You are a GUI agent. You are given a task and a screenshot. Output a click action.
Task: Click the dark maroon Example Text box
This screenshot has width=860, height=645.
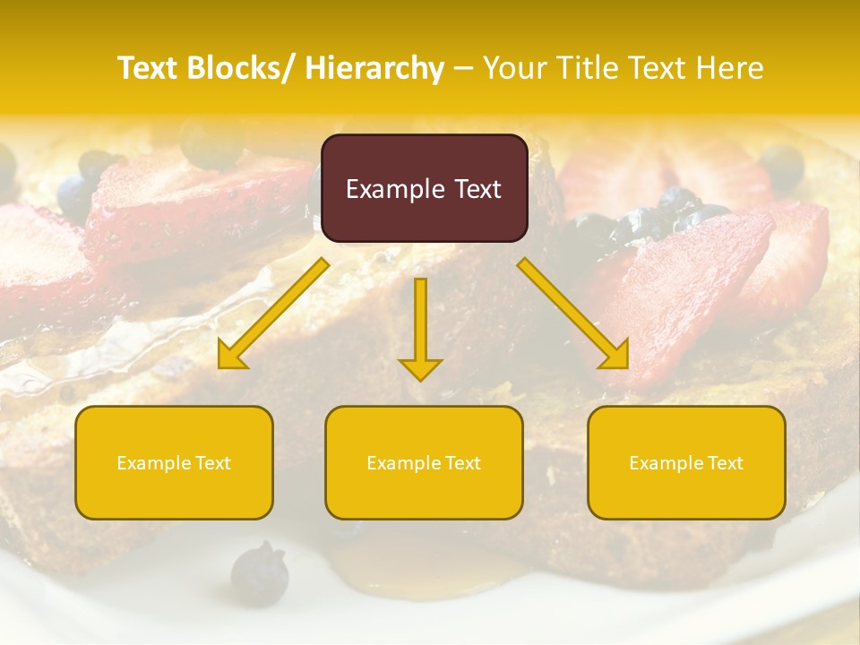[x=424, y=188]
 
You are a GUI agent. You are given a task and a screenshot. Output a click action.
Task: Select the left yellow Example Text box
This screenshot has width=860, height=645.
[x=174, y=462]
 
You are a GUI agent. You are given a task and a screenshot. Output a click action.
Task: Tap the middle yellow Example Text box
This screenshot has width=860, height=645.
[x=424, y=462]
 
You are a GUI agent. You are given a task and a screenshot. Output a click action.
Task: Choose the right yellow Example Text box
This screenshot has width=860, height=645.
[x=686, y=462]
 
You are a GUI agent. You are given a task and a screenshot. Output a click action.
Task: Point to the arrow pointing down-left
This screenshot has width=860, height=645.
[x=273, y=314]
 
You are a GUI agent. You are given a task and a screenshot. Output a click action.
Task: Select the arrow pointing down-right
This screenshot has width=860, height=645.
[x=573, y=314]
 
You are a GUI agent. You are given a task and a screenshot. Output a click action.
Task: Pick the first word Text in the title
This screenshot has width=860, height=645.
[x=150, y=68]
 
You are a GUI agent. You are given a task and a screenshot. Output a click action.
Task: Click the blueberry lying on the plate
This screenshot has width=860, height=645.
[x=259, y=572]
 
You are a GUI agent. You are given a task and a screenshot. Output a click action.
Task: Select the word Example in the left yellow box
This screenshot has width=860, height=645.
[x=153, y=463]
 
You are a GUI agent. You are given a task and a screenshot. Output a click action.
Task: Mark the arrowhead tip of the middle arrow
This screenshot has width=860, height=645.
[x=421, y=380]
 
